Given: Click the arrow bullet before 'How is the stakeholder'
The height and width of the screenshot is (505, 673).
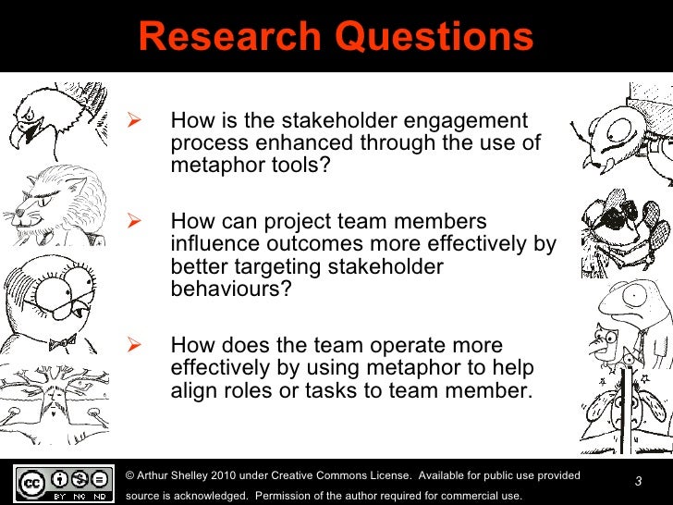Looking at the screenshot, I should pyautogui.click(x=131, y=121).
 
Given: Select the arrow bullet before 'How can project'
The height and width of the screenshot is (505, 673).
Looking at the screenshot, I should pyautogui.click(x=131, y=223).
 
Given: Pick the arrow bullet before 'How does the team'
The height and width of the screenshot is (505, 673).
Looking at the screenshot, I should pyautogui.click(x=131, y=346).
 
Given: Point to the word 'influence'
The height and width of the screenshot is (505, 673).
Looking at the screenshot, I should pyautogui.click(x=212, y=245).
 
